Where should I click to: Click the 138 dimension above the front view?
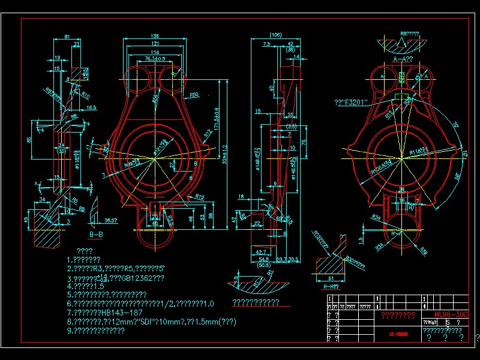pyautogui.click(x=155, y=37)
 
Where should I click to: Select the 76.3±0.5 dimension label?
pyautogui.click(x=155, y=59)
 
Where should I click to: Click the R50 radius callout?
pyautogui.click(x=194, y=95)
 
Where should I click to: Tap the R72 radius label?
pyautogui.click(x=200, y=196)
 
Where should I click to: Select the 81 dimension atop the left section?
pyautogui.click(x=67, y=37)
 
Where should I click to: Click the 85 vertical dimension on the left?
pyautogui.click(x=28, y=140)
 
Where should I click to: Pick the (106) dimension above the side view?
pyautogui.click(x=276, y=34)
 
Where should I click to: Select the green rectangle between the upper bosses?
pyautogui.click(x=401, y=77)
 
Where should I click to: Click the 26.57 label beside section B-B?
pyautogui.click(x=111, y=220)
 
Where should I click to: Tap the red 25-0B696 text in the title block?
pyautogui.click(x=399, y=335)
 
